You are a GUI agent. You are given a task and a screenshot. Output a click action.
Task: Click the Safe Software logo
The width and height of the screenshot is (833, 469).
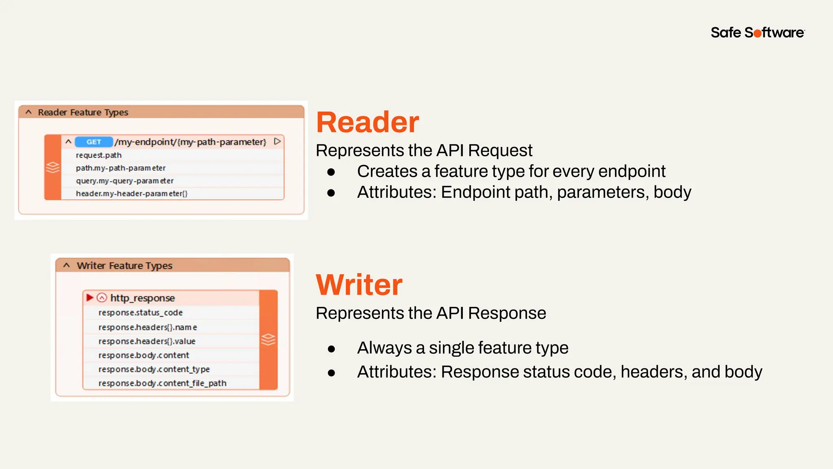point(757,33)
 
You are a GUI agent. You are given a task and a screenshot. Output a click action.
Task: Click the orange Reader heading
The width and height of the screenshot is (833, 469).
point(367,122)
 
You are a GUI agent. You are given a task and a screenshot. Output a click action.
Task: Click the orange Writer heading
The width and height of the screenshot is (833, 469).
point(359,285)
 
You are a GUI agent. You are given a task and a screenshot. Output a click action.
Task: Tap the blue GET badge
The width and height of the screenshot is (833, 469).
point(94,142)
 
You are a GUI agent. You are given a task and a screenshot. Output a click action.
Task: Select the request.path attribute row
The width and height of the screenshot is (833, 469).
point(99,155)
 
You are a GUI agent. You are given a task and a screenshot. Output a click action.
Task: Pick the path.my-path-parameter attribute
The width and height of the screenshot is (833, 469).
point(121,168)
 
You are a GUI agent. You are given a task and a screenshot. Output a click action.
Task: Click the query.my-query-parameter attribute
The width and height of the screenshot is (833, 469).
point(125,181)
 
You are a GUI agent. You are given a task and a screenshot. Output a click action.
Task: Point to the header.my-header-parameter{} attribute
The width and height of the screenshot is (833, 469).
point(132,193)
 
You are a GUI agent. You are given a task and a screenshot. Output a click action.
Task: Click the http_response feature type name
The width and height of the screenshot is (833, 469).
point(142,298)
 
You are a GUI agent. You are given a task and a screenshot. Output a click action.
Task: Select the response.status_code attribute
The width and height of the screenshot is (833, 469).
point(140,313)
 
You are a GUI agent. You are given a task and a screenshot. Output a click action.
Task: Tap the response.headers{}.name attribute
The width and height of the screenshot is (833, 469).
point(148,327)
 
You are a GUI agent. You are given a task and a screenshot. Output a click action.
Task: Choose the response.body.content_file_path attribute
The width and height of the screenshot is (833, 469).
point(162,383)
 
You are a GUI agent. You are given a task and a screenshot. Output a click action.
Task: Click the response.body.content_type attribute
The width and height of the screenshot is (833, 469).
point(154,369)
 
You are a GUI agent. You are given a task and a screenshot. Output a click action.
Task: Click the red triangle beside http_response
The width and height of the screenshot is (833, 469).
point(90,298)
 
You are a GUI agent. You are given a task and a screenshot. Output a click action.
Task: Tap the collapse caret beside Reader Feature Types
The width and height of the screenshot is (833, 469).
point(28,112)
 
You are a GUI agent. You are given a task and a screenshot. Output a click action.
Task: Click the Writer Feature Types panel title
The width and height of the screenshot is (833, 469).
point(124,266)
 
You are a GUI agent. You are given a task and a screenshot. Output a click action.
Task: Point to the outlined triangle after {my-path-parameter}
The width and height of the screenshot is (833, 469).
point(277,141)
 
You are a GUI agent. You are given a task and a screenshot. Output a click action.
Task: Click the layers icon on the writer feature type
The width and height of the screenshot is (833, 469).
point(268,339)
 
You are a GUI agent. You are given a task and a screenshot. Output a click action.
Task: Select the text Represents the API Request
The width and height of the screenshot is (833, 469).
point(424,151)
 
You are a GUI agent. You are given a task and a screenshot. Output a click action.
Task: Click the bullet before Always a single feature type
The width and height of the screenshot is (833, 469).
point(331,349)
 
